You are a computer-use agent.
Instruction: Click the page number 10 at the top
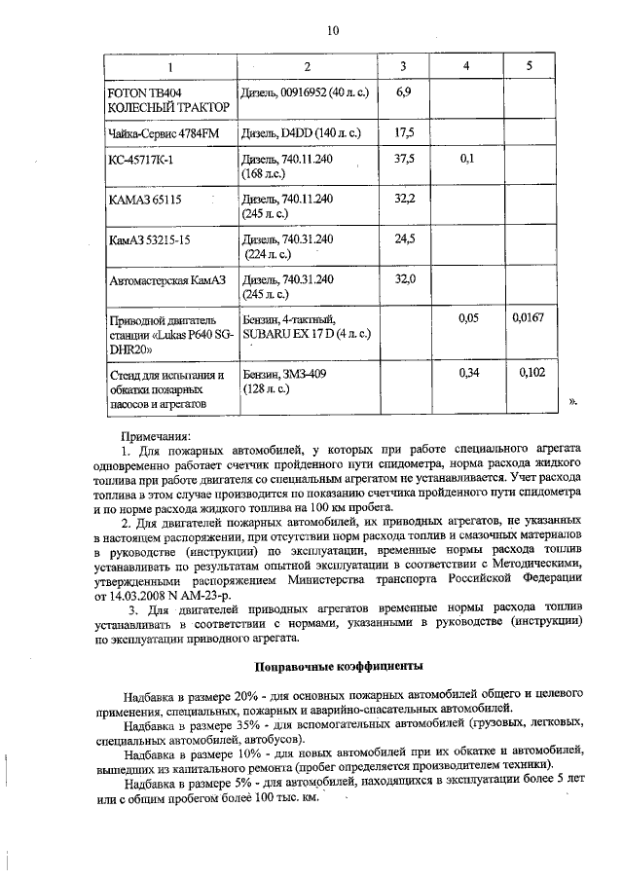333,30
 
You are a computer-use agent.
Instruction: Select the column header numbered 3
403,66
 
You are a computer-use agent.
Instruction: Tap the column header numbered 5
529,66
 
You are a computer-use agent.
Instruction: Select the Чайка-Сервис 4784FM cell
156,131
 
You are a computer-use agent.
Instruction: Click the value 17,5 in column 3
404,131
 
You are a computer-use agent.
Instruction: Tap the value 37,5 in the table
404,159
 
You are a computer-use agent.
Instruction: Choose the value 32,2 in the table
404,199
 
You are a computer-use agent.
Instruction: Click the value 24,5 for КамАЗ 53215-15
404,239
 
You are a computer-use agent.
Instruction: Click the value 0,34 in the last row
466,372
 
